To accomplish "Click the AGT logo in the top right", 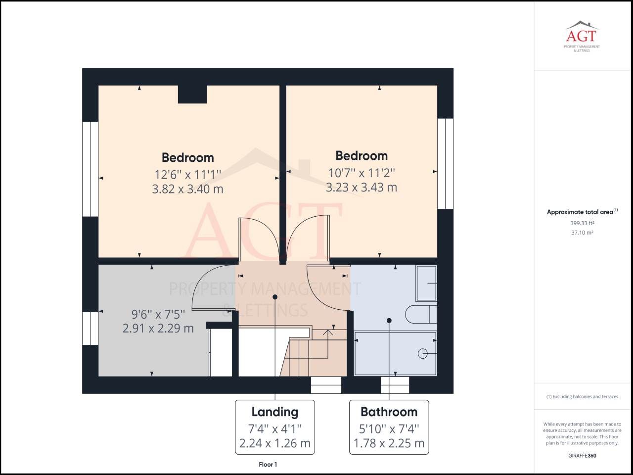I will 582,36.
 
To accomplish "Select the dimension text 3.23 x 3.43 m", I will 361,188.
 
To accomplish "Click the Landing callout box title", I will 274,412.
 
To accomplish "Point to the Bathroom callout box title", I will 389,412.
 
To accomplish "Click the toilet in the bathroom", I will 420,314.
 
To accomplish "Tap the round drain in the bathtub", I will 422,353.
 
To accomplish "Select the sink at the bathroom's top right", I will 426,284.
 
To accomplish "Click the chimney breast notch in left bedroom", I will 192,94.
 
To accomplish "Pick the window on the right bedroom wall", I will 445,163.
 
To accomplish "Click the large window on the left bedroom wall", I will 90,169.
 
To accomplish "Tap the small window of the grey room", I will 90,328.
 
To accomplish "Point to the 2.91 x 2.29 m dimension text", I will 158,328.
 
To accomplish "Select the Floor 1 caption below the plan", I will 268,464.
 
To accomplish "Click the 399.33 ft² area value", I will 582,223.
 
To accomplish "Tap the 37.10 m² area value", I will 582,233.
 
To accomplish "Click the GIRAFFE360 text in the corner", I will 582,456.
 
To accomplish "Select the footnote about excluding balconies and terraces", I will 582,396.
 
